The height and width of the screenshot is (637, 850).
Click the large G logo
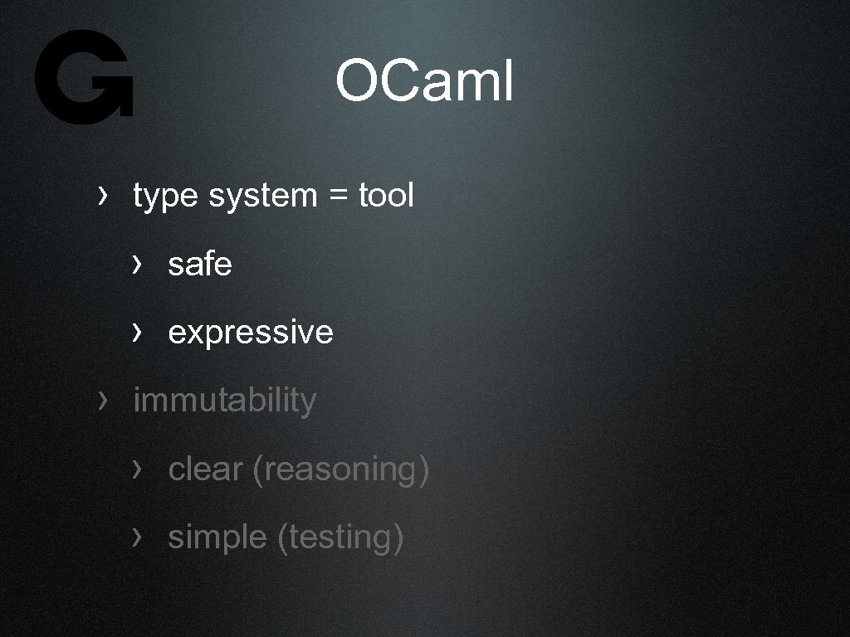(x=84, y=77)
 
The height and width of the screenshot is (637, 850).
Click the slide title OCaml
(x=424, y=82)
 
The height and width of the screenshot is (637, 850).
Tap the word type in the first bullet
(x=165, y=197)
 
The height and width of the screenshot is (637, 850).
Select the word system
(x=262, y=197)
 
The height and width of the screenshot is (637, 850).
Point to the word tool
(x=386, y=196)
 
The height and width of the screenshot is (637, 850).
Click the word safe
(x=199, y=265)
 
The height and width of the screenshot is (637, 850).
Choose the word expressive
(x=250, y=333)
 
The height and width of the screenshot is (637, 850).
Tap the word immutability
(x=224, y=401)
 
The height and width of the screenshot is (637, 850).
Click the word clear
(x=205, y=469)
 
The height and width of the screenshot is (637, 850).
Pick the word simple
(x=217, y=538)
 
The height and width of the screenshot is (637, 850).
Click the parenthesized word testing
(x=340, y=538)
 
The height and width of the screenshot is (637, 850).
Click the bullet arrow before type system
(x=102, y=196)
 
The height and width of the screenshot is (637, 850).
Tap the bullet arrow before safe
(x=137, y=264)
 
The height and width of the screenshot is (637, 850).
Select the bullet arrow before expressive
(x=137, y=332)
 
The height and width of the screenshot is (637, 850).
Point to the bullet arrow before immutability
(x=102, y=401)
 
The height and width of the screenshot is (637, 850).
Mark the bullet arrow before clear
(x=137, y=469)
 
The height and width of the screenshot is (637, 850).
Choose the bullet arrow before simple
(x=137, y=537)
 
